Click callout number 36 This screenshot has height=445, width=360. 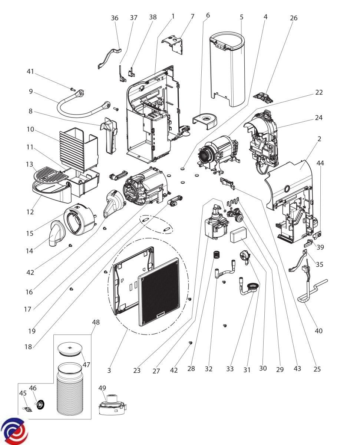[x=115, y=18]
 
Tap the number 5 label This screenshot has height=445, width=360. [x=241, y=17]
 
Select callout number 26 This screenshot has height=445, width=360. [x=294, y=18]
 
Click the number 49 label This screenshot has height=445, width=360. [x=102, y=388]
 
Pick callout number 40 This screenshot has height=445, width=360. [x=319, y=330]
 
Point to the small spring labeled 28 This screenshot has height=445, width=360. [x=216, y=255]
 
